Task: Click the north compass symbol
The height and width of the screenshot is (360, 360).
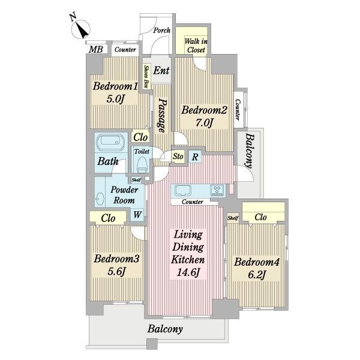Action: (81, 29)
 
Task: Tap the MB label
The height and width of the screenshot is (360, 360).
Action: (96, 49)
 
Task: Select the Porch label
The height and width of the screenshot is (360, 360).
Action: (162, 30)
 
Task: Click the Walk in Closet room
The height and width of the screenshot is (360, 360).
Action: (191, 41)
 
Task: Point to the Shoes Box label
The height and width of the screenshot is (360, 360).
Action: (146, 77)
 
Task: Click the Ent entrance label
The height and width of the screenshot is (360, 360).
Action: (161, 70)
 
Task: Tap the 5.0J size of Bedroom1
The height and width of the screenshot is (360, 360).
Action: (115, 99)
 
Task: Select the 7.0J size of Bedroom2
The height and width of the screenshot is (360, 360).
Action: (204, 122)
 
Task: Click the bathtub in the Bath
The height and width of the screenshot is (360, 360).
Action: (110, 143)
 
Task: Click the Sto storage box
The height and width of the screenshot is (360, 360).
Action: (178, 157)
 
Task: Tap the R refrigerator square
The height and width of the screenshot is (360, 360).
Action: (195, 157)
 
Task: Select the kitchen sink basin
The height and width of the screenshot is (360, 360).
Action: (183, 191)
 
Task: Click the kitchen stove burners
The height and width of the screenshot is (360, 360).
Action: (217, 191)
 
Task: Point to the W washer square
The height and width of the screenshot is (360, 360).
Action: (137, 215)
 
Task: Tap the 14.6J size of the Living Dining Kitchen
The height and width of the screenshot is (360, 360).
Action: (188, 272)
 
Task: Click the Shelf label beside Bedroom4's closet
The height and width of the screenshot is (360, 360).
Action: (233, 218)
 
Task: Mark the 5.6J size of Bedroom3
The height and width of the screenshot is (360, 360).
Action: (116, 272)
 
